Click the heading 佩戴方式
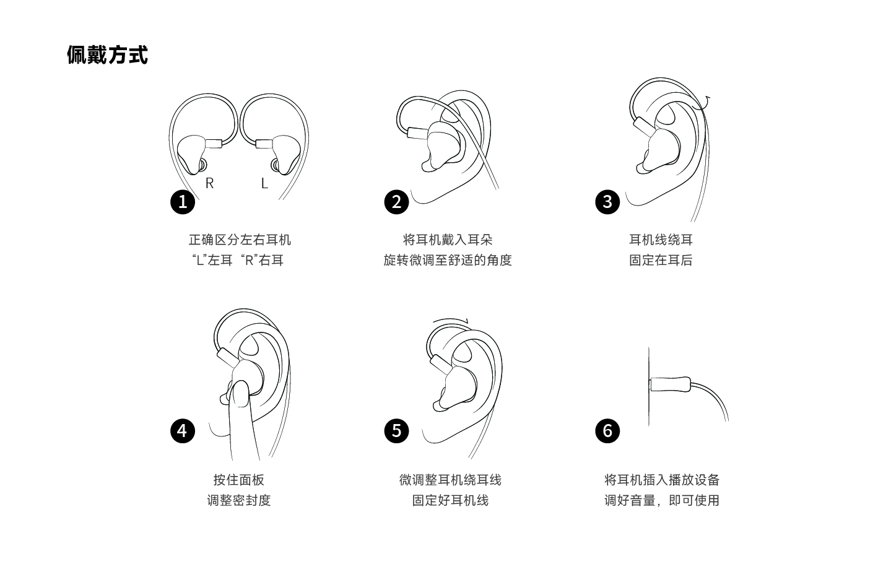click(107, 54)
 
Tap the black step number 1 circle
click(183, 202)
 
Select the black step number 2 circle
click(396, 202)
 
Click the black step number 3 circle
click(607, 202)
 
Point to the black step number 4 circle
click(183, 431)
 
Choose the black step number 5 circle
click(396, 431)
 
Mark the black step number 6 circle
click(607, 431)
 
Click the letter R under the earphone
click(210, 183)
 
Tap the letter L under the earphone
click(264, 183)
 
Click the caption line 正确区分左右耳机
click(240, 240)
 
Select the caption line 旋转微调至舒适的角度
click(448, 260)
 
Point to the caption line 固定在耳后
click(661, 260)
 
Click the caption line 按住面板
click(239, 480)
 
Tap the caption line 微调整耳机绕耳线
click(450, 480)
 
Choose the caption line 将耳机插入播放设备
click(662, 480)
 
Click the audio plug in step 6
click(670, 384)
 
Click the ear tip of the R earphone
click(202, 165)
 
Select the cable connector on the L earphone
click(264, 144)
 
